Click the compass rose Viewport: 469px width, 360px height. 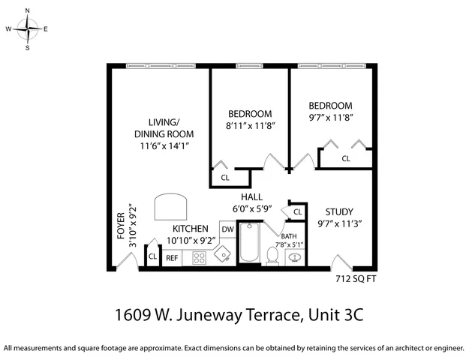28,30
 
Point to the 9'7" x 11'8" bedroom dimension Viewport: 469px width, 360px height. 330,118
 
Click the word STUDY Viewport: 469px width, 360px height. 340,211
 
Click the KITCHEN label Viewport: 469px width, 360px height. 191,228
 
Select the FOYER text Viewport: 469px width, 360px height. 121,226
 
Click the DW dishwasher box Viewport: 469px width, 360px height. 227,229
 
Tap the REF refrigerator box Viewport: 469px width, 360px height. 173,258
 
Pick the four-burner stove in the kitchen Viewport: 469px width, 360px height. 200,257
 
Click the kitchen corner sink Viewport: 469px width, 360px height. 224,255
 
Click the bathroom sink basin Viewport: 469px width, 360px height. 296,258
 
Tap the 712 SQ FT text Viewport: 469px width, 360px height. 354,279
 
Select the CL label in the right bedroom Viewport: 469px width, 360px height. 346,158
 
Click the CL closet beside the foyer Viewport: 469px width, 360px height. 152,256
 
